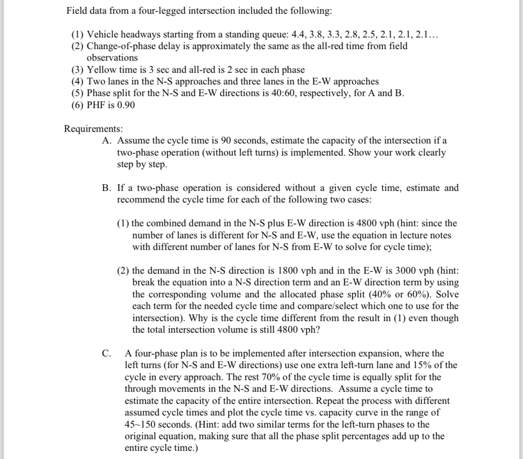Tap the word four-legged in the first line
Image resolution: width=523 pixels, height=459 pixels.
point(153,11)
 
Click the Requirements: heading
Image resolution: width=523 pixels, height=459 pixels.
point(93,129)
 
